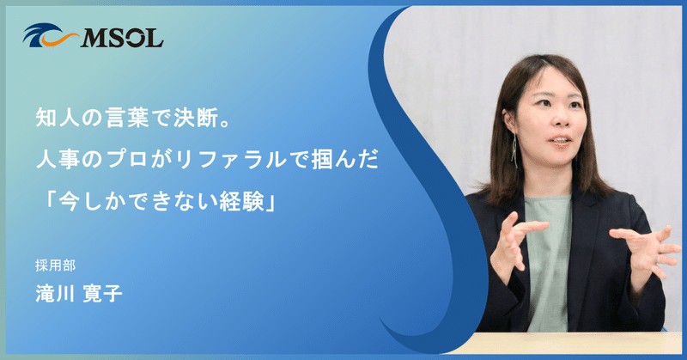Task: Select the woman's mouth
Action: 558,142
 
